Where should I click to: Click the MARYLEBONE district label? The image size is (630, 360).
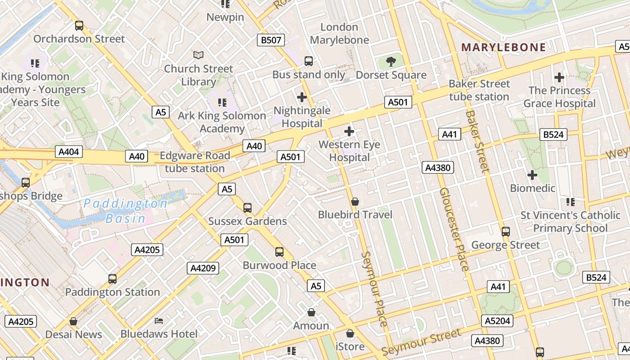coord(504,47)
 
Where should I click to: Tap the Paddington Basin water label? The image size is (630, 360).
coord(126,211)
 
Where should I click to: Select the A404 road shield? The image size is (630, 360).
coord(69,152)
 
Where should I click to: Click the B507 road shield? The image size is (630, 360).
coord(271,40)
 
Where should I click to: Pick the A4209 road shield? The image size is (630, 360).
coord(203,269)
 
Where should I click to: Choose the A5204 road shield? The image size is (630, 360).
coord(497,321)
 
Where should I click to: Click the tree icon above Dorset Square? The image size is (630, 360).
coord(391,62)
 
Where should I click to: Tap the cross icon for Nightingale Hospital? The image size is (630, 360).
coord(302,97)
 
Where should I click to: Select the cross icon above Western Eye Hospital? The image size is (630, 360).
coord(349,131)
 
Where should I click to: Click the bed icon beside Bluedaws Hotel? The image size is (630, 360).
coord(159,320)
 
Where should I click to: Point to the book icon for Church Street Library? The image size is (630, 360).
coord(198,55)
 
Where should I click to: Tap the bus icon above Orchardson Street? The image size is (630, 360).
coord(79,26)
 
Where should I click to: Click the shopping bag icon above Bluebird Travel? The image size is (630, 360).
coord(355,202)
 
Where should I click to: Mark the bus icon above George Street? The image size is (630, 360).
coord(506,232)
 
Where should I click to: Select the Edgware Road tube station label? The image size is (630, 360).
coord(195,162)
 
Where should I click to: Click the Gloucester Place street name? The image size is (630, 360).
coord(454,229)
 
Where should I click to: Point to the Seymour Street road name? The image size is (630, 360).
coord(421,342)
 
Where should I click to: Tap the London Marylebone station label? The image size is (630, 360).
coord(339,33)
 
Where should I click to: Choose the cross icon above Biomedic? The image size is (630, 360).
coord(532,175)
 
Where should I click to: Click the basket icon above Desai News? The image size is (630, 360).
coord(73,321)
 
